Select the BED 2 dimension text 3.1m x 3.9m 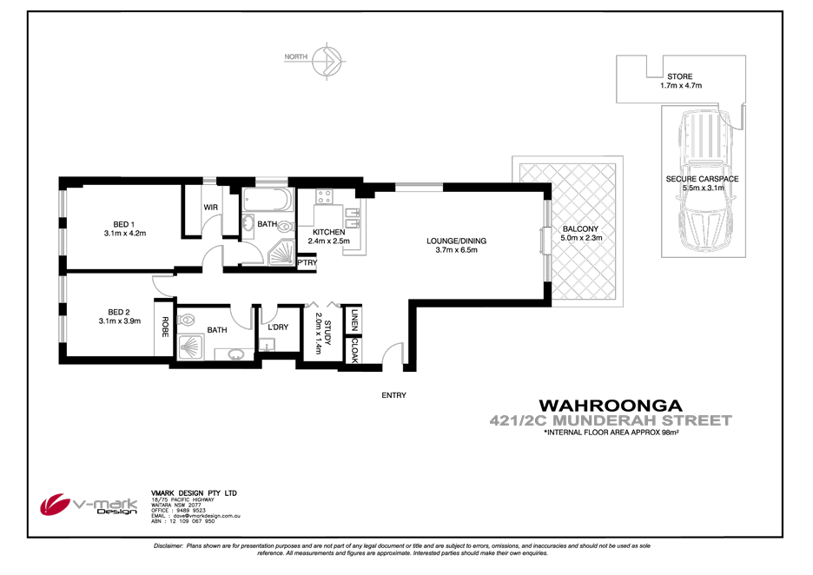click(x=119, y=321)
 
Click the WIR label click(x=210, y=208)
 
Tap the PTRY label click(x=307, y=261)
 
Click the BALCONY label click(x=580, y=228)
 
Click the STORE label click(x=680, y=76)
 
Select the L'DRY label click(x=278, y=327)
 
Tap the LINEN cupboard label click(x=354, y=320)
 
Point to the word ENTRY click(x=393, y=396)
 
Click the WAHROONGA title click(x=611, y=406)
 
